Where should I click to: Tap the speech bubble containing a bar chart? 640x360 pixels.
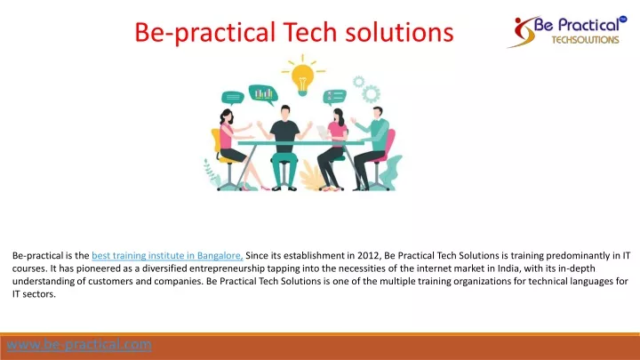(263, 95)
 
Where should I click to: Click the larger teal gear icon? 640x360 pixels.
(371, 94)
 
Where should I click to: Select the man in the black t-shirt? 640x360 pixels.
(284, 148)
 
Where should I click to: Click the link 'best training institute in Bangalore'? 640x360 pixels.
(167, 255)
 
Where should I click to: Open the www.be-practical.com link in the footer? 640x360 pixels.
(79, 345)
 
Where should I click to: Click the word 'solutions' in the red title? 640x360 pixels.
(400, 32)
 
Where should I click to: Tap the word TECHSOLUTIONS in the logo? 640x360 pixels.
(585, 40)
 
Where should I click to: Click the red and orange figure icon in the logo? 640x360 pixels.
(522, 33)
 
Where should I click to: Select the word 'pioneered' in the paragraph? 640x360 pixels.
(96, 268)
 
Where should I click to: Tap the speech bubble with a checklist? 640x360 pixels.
(335, 97)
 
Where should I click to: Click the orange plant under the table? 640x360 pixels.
(311, 176)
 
